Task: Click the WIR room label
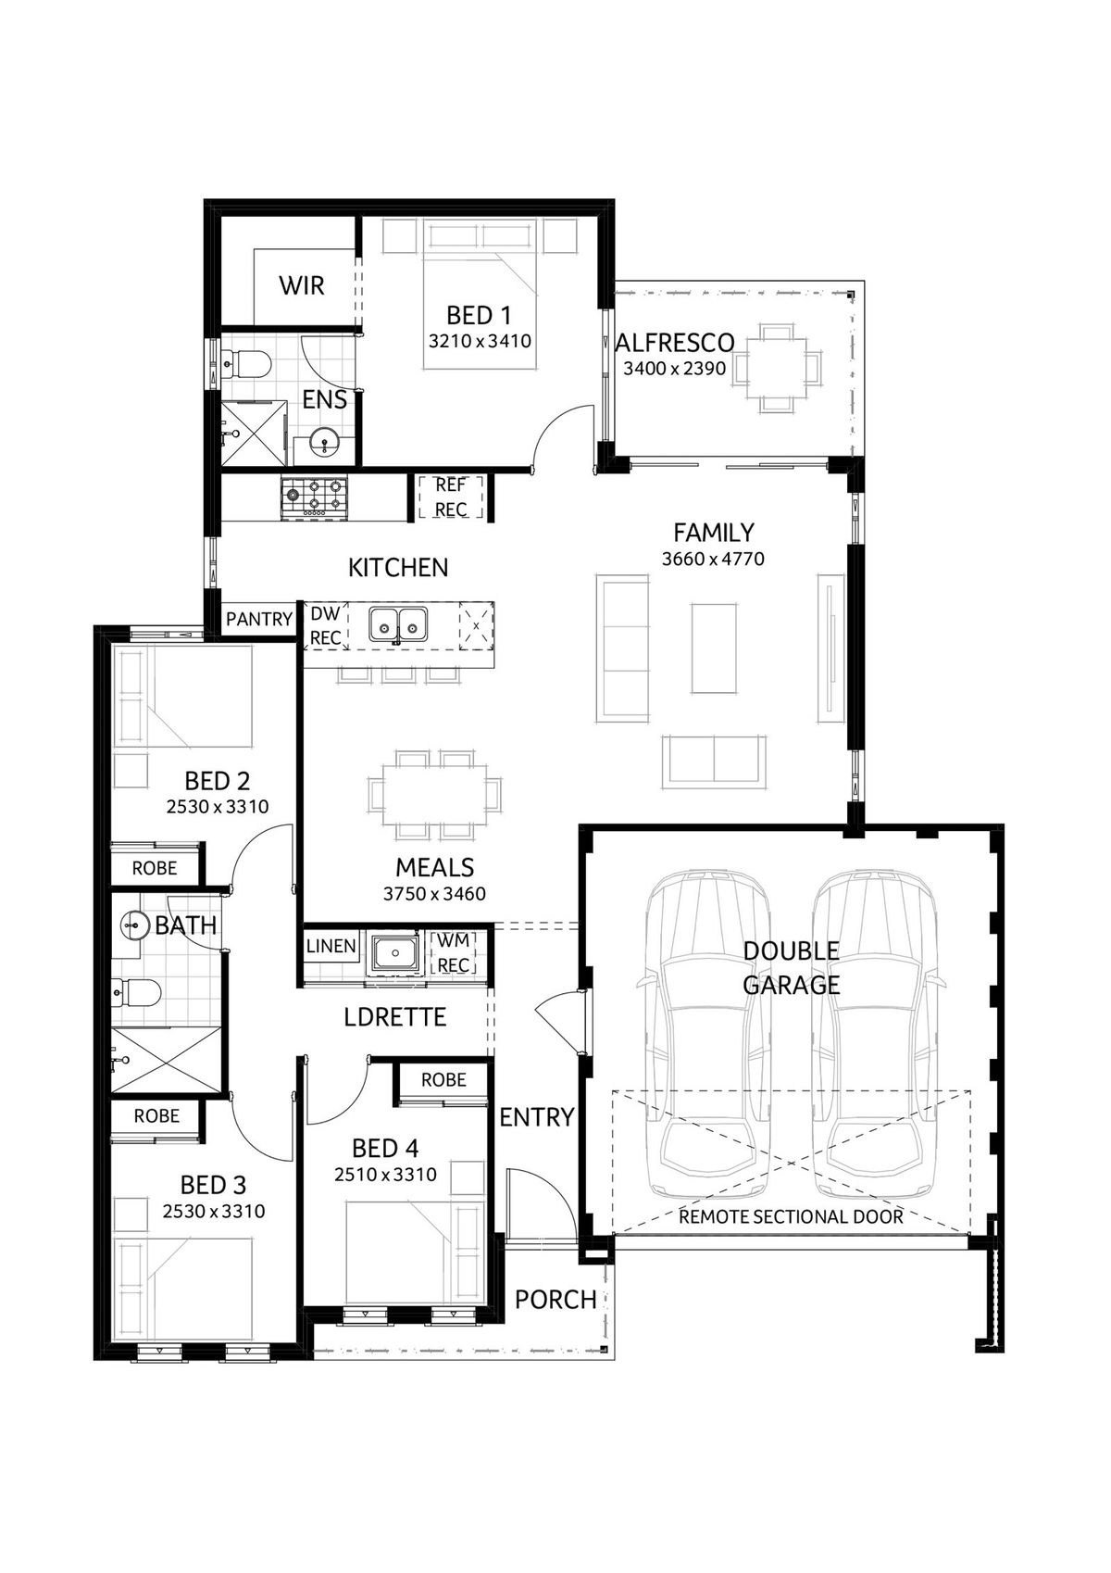302,285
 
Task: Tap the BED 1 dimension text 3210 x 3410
480,341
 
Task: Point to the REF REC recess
451,497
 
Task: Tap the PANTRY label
259,619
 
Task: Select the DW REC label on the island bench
325,625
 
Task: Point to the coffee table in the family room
715,648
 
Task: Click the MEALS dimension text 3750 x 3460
434,894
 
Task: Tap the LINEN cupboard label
331,946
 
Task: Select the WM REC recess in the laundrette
453,952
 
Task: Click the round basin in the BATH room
135,925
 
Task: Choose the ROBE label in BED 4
443,1080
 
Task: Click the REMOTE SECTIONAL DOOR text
791,1216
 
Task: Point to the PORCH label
555,1300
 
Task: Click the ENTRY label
537,1117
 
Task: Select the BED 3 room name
213,1185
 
